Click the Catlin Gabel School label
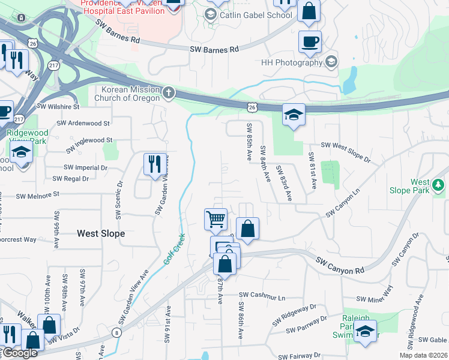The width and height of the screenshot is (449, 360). pyautogui.click(x=256, y=15)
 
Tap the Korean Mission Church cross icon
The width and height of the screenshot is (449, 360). pyautogui.click(x=169, y=92)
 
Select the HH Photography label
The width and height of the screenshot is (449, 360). pyautogui.click(x=292, y=62)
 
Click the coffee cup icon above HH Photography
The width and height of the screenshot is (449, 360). pyautogui.click(x=310, y=42)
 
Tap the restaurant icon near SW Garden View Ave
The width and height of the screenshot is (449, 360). pyautogui.click(x=155, y=164)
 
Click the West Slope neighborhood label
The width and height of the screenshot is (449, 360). pyautogui.click(x=101, y=233)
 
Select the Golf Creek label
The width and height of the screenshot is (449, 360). pyautogui.click(x=172, y=250)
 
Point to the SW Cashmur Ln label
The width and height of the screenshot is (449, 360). pyautogui.click(x=262, y=296)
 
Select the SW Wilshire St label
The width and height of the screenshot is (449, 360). pyautogui.click(x=58, y=107)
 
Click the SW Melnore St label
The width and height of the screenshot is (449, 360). pyautogui.click(x=38, y=196)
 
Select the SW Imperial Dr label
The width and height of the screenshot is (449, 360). pyautogui.click(x=85, y=167)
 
